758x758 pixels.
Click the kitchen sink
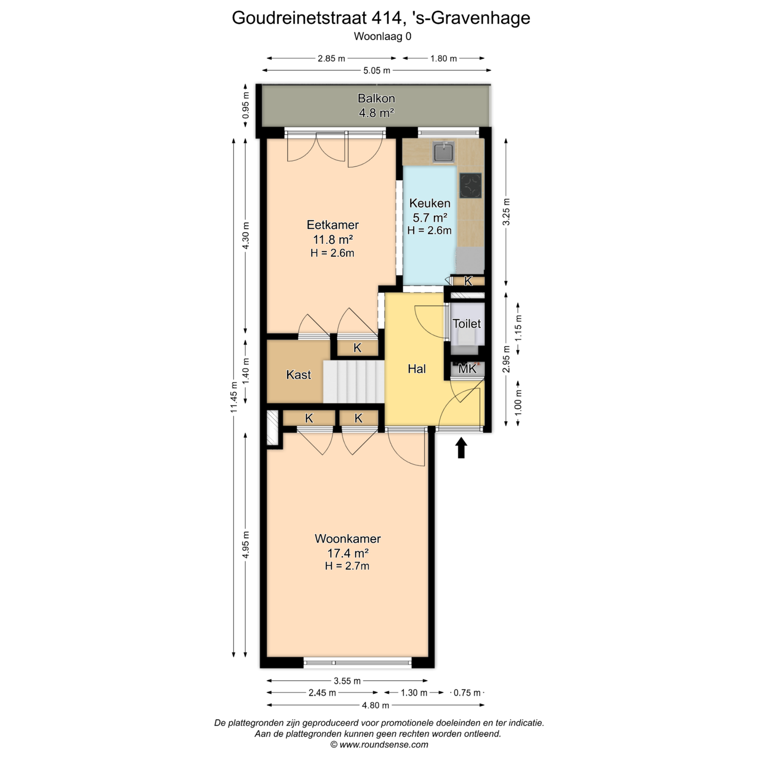tap(443, 152)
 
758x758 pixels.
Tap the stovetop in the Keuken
tap(470, 186)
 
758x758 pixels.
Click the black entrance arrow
tap(461, 448)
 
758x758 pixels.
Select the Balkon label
tap(376, 99)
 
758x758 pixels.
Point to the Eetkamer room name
tap(333, 225)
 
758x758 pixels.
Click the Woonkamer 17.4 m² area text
tap(348, 553)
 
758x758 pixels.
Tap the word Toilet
tap(467, 324)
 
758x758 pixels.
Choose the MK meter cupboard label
tap(467, 369)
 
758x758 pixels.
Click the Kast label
tap(298, 375)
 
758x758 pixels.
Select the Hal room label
tap(417, 369)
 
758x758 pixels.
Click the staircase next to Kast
tap(353, 381)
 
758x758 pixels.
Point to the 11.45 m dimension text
tap(234, 397)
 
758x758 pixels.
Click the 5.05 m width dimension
tap(377, 71)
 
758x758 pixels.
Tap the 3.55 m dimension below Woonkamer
tap(347, 681)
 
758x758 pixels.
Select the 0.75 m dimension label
tap(467, 693)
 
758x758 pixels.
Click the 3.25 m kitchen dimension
tap(506, 217)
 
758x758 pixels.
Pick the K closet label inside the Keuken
tap(468, 281)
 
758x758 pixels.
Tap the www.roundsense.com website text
tap(384, 745)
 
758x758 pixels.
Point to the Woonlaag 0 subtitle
tap(382, 36)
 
